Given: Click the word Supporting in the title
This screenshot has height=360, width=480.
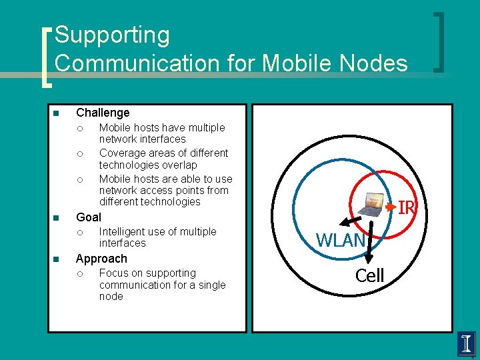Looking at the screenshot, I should point(112,35).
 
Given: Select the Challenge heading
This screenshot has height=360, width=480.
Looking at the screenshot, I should point(103,113).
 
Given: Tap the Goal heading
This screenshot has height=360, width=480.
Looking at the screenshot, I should point(89,217).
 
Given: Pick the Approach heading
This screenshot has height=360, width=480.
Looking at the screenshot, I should point(101,258).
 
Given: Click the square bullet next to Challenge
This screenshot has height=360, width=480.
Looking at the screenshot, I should point(56,113).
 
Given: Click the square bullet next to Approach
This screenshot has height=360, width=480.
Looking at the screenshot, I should point(56,259).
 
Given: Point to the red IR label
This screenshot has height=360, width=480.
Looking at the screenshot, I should point(407,209).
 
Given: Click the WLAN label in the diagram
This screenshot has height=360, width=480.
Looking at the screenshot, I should point(340,240).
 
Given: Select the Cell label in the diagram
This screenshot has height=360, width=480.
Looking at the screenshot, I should point(369,275).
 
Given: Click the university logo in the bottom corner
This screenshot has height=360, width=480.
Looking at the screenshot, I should point(467,344).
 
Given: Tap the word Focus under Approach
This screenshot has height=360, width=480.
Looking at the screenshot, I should point(114,273).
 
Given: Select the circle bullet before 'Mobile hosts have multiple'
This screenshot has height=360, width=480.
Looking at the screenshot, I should point(79,128).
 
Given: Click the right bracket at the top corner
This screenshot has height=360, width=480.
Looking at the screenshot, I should point(440,41).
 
